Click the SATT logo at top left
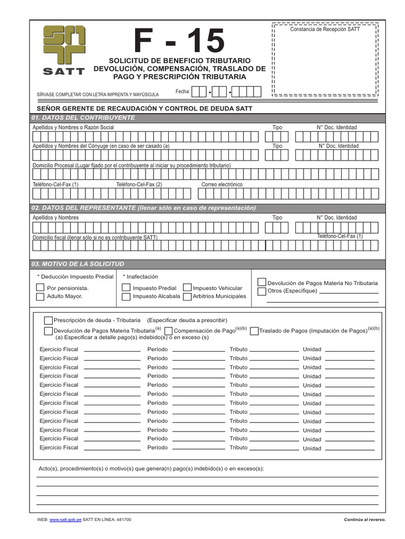[64, 51]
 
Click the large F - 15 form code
[179, 41]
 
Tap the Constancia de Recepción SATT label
[325, 29]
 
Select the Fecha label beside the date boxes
[182, 92]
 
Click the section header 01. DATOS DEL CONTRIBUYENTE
[83, 117]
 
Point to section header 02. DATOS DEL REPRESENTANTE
[144, 208]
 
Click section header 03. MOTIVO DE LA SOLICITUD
[78, 264]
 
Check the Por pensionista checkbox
[40, 288]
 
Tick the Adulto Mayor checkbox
[40, 297]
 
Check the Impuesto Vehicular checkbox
[187, 288]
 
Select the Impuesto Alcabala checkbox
[126, 297]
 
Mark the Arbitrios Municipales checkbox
[187, 297]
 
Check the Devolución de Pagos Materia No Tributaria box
[262, 283]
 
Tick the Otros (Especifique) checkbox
[262, 292]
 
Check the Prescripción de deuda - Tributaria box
[49, 320]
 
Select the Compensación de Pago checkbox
[168, 331]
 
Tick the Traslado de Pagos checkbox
[254, 331]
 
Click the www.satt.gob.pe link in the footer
[65, 520]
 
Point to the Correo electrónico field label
[222, 185]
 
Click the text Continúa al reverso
[364, 520]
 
